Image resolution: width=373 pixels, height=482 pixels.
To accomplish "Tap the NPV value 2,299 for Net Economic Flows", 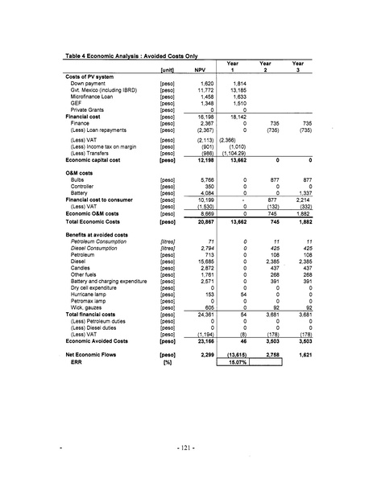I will pos(206,354).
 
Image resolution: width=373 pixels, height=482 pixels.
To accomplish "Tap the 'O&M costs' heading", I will pos(82,173).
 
